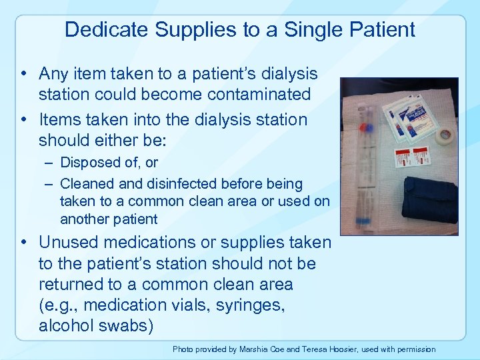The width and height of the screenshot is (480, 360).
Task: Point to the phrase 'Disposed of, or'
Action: (109, 162)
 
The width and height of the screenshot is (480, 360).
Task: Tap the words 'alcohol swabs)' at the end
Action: (96, 325)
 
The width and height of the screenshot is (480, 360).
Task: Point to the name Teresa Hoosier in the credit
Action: (333, 349)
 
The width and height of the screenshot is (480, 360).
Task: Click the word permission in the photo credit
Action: (414, 349)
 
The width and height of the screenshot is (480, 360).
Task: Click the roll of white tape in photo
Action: (444, 135)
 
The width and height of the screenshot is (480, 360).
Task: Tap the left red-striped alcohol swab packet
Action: (403, 159)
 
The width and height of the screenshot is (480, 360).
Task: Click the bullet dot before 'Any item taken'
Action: (24, 74)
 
